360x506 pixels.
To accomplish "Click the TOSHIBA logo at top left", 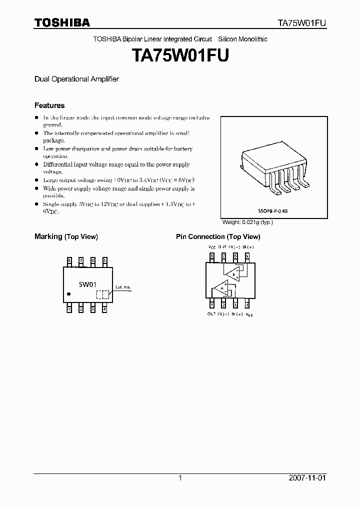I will point(62,22).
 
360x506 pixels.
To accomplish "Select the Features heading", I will point(49,105).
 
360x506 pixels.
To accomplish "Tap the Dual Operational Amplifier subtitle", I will point(76,79).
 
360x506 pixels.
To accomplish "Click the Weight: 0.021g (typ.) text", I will point(247,222).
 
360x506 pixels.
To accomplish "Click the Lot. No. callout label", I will point(123,287).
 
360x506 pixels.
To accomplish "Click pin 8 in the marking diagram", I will point(69,261).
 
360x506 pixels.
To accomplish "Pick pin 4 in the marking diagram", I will point(104,309).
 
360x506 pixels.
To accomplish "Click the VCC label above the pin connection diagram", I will point(212,247).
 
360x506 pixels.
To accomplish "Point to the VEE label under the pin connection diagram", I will point(249,314).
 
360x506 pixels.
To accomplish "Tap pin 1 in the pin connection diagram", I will point(212,304).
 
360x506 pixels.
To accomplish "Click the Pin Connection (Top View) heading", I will point(218,236).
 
